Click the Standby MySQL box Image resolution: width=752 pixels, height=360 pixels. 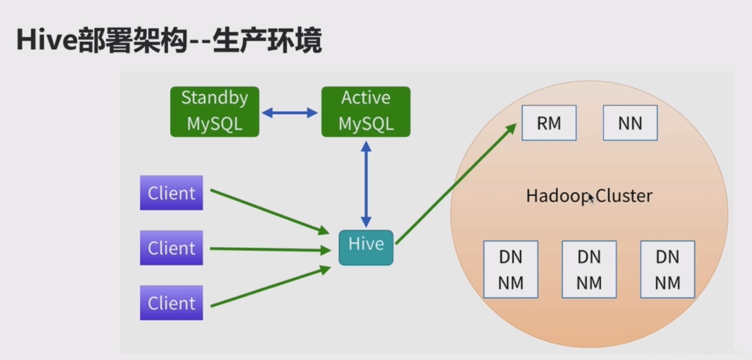point(214,111)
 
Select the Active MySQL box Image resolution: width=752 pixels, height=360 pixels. point(366,111)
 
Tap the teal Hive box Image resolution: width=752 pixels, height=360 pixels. point(366,247)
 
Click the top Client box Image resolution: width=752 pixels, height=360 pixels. point(171,193)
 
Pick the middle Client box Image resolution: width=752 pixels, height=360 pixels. point(171,248)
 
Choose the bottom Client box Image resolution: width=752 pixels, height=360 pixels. point(171,302)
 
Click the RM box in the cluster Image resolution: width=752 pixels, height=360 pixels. point(549,123)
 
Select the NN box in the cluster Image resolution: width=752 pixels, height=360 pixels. point(630,123)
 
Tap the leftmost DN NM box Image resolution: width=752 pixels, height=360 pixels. point(511,270)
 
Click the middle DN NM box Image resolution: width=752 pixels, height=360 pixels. point(589,270)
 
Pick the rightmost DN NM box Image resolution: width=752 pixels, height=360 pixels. point(667,270)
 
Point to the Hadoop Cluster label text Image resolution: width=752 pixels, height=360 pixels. point(589,196)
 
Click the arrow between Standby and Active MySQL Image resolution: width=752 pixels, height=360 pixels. point(289,113)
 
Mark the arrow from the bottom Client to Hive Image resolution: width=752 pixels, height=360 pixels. point(270,287)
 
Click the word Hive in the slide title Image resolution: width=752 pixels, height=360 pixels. point(47,40)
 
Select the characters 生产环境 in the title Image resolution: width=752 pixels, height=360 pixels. point(267,40)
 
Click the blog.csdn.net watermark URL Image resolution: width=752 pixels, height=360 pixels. point(695,351)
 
